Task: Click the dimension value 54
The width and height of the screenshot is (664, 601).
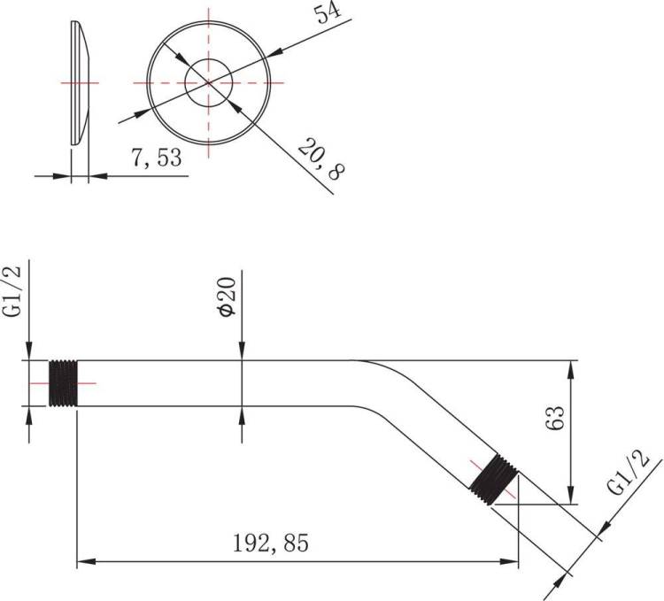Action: [x=328, y=13]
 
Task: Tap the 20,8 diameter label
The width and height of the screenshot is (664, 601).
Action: [x=321, y=158]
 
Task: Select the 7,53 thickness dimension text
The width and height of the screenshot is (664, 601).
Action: [x=156, y=158]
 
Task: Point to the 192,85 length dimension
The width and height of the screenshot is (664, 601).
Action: [x=271, y=543]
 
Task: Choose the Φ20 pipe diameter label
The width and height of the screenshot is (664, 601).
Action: [x=226, y=297]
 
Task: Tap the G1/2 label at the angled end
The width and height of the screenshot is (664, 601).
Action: [x=628, y=473]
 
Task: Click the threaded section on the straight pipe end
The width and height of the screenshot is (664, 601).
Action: [x=63, y=383]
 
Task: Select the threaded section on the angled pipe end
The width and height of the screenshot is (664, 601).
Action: [x=495, y=480]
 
